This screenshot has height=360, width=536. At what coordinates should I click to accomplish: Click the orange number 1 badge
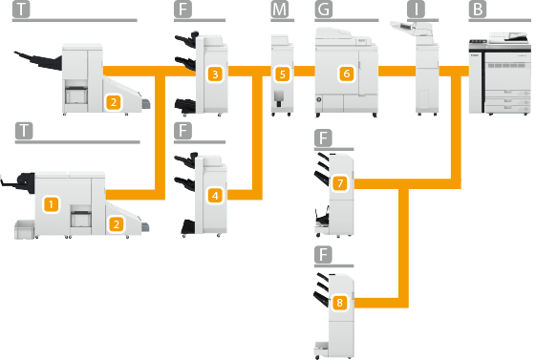pos(51,204)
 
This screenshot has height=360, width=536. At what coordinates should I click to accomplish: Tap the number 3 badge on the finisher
pos(215,74)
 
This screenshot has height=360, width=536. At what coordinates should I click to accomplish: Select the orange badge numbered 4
pos(215,196)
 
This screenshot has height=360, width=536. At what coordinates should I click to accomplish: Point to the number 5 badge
pos(283,74)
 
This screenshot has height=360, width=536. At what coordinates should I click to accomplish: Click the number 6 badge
pos(347,74)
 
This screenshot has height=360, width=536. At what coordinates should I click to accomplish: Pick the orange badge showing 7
pos(340,183)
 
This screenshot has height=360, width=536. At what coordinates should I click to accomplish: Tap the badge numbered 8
pos(339,303)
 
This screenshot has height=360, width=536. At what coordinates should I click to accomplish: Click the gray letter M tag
pos(280,10)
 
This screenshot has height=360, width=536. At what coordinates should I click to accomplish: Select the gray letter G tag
pos(323,10)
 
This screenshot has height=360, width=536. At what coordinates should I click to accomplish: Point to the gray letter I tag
pos(416,10)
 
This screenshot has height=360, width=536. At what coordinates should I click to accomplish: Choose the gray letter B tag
pos(478,10)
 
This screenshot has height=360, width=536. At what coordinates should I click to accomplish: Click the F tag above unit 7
pos(323,138)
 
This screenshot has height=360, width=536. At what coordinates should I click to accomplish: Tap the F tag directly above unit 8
pos(323,255)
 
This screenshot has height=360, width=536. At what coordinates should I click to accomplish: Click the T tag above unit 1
pos(24,131)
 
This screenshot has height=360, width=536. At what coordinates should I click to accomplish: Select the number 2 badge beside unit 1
pos(117,224)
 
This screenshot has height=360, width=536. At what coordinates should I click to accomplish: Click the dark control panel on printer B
pos(478,41)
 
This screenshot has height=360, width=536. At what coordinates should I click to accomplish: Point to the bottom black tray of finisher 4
pos(188,227)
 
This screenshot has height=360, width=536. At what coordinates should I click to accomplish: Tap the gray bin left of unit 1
pos(25,229)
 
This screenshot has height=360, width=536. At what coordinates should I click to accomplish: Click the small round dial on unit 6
pos(318,99)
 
